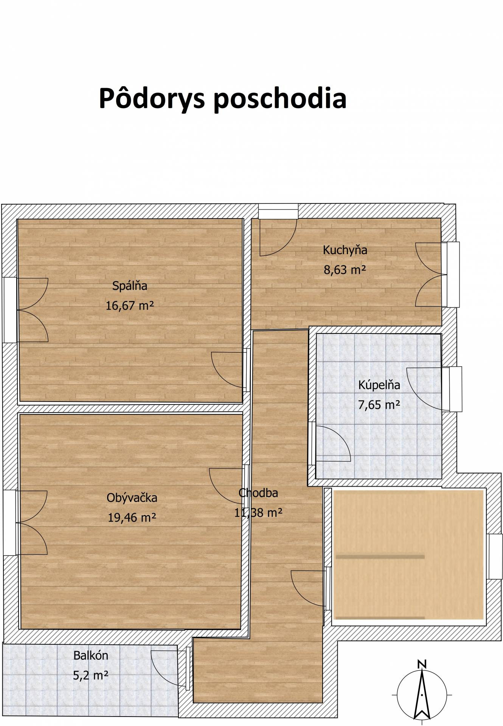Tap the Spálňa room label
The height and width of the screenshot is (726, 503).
[130, 286]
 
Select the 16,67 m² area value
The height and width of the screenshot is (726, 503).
[130, 305]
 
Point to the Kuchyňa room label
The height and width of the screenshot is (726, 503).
[345, 250]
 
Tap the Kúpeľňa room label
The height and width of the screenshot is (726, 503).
[379, 385]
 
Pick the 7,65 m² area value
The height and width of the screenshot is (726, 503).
[379, 405]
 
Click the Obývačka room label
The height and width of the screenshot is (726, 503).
[132, 498]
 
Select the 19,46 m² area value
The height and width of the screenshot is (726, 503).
[132, 517]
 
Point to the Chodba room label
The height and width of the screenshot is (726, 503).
[258, 493]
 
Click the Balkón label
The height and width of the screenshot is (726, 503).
[91, 655]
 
